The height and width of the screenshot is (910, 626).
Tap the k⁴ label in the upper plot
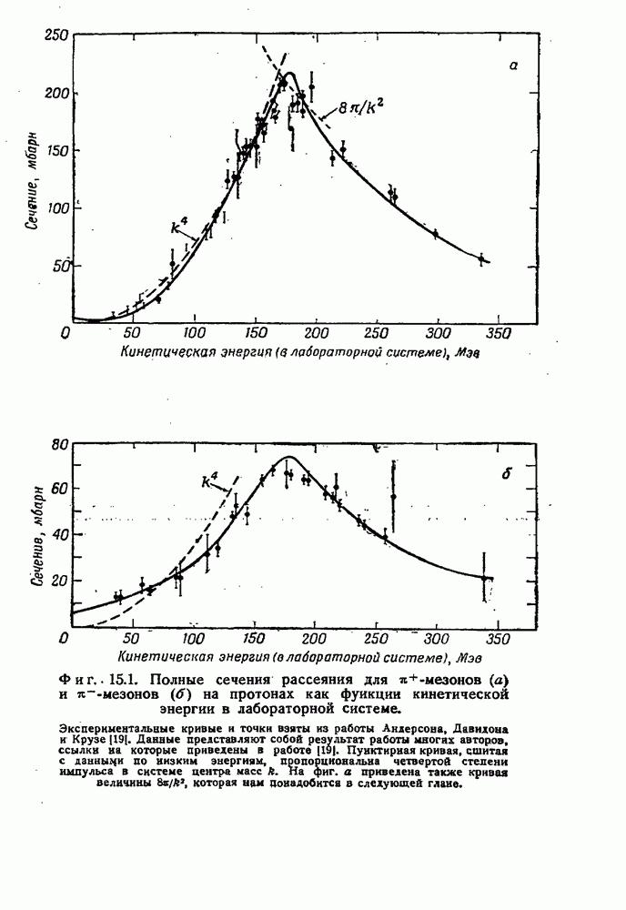[x=178, y=227]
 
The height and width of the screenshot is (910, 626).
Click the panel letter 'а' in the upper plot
[x=513, y=91]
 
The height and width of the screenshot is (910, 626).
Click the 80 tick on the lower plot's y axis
[x=60, y=445]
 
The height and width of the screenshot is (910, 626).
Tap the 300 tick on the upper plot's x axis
[x=438, y=333]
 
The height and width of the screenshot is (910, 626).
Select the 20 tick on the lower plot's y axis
[x=60, y=581]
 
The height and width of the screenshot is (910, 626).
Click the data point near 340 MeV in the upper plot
[x=481, y=258]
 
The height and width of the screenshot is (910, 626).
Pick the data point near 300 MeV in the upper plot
[x=436, y=234]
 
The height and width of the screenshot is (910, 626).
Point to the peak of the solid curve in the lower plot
[x=289, y=457]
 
